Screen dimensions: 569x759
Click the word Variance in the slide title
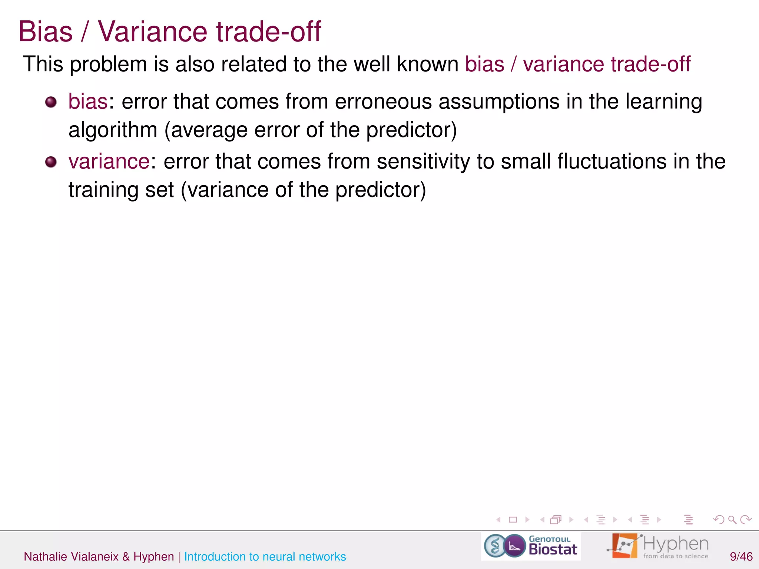pyautogui.click(x=152, y=31)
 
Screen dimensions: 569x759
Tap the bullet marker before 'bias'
pyautogui.click(x=51, y=102)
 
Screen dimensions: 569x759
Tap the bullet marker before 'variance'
pyautogui.click(x=51, y=162)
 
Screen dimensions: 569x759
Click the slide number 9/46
pyautogui.click(x=741, y=556)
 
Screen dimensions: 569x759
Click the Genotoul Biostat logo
pyautogui.click(x=531, y=546)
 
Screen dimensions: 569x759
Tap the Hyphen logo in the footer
pyautogui.click(x=658, y=546)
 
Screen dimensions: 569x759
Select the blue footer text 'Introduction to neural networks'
pyautogui.click(x=265, y=556)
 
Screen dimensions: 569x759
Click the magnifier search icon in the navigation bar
pyautogui.click(x=732, y=520)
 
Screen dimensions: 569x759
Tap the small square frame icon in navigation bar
pyautogui.click(x=513, y=520)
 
